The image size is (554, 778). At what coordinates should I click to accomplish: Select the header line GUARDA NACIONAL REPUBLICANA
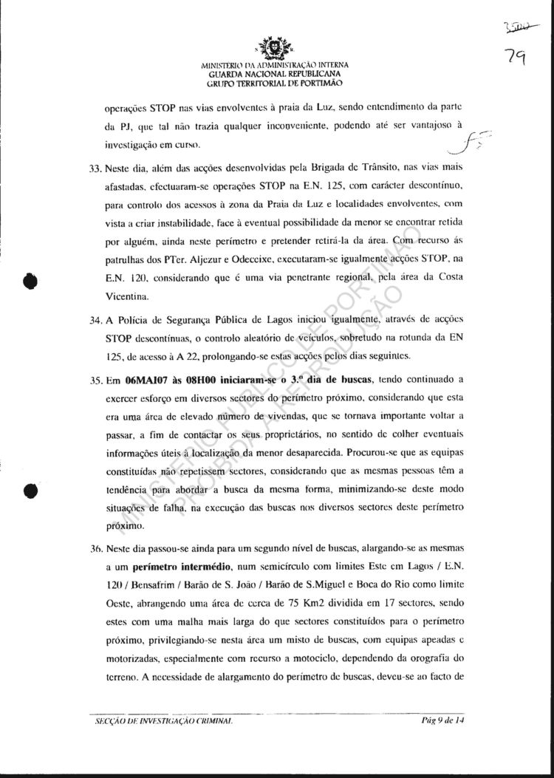tap(275, 75)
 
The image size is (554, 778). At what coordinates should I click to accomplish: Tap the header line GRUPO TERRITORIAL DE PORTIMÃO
tap(275, 83)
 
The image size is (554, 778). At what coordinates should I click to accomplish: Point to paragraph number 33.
tap(94, 168)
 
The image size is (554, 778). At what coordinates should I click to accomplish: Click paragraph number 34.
tap(94, 320)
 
